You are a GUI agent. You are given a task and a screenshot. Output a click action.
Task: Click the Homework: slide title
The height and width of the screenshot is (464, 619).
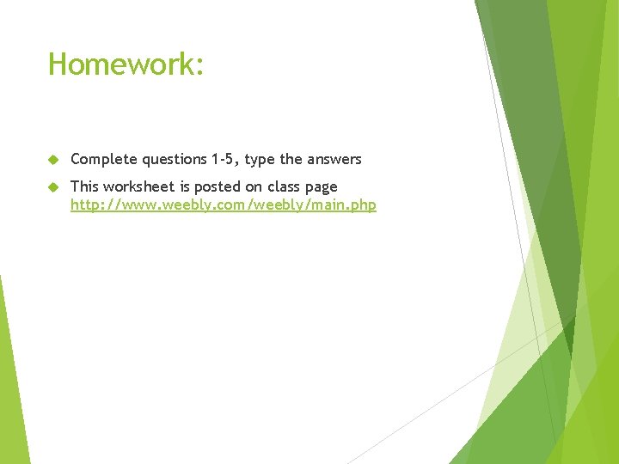(126, 64)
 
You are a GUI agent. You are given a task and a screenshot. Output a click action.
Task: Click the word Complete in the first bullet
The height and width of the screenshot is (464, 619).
(104, 159)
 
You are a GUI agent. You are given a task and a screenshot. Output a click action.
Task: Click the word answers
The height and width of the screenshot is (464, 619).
(334, 159)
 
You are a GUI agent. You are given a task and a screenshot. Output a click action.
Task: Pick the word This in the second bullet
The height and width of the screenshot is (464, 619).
(84, 186)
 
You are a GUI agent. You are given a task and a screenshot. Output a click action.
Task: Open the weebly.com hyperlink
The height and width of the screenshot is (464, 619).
(223, 205)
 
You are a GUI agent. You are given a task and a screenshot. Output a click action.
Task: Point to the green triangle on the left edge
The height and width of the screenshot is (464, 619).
(11, 378)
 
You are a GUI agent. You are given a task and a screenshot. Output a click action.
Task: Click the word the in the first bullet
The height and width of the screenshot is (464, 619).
(291, 159)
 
